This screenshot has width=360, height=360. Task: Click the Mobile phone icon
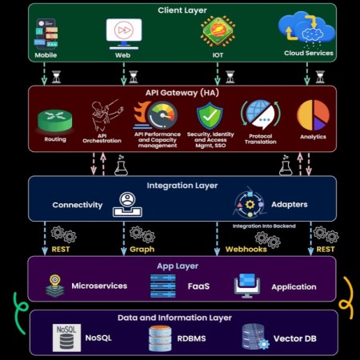pyautogui.click(x=46, y=34)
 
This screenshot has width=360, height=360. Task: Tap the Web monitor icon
pyautogui.click(x=124, y=34)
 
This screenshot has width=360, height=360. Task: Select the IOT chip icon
pyautogui.click(x=218, y=31)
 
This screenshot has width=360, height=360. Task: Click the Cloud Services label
pyautogui.click(x=309, y=53)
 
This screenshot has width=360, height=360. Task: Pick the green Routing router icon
pyautogui.click(x=55, y=121)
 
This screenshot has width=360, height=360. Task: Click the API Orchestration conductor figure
pyautogui.click(x=106, y=115)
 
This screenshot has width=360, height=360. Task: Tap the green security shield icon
pyautogui.click(x=210, y=116)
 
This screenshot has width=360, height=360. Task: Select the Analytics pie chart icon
pyautogui.click(x=313, y=115)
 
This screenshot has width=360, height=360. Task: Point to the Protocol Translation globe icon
pyautogui.click(x=261, y=115)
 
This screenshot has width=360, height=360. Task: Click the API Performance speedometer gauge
pyautogui.click(x=162, y=115)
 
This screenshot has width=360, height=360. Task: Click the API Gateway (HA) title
pyautogui.click(x=182, y=93)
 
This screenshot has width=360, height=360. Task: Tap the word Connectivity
pyautogui.click(x=78, y=205)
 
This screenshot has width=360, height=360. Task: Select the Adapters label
pyautogui.click(x=290, y=205)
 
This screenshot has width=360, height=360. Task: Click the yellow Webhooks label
pyautogui.click(x=246, y=250)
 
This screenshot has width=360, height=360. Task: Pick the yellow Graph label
pyautogui.click(x=142, y=250)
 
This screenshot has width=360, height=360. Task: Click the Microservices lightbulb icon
pyautogui.click(x=55, y=286)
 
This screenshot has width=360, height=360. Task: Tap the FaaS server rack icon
pyautogui.click(x=163, y=286)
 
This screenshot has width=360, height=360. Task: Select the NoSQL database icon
pyautogui.click(x=66, y=338)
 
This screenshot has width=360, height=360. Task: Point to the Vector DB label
pyautogui.click(x=295, y=338)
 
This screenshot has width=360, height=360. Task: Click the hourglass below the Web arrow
pyautogui.click(x=134, y=77)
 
